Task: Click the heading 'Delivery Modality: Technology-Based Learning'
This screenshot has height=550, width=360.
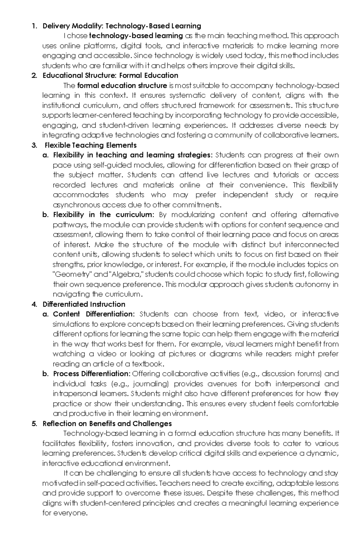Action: click(x=122, y=26)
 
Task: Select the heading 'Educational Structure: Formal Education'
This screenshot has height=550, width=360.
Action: click(x=110, y=75)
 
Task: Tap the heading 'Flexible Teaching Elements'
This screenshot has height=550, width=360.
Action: click(x=91, y=145)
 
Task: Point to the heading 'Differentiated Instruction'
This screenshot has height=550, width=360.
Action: click(x=84, y=304)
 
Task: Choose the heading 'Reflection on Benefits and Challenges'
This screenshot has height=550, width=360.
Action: click(x=107, y=424)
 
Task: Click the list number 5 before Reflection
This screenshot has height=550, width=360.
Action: click(x=34, y=424)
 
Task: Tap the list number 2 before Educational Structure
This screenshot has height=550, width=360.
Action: click(x=34, y=75)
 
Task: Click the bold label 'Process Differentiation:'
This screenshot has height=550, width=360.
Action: click(x=92, y=374)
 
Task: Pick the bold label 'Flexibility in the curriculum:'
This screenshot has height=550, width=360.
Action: click(x=103, y=215)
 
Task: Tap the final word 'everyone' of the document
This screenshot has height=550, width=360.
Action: click(x=71, y=513)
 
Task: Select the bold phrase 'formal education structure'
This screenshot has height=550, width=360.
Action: click(x=122, y=86)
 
